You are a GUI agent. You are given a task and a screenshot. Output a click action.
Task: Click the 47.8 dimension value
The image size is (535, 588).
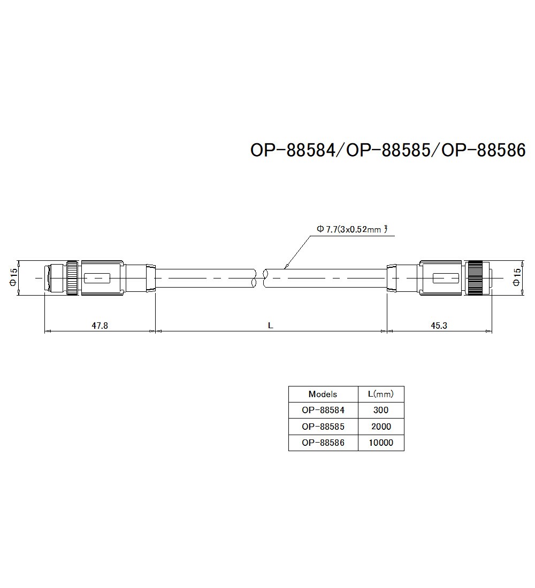click(x=100, y=325)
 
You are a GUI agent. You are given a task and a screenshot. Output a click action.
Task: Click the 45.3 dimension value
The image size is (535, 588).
click(x=438, y=325)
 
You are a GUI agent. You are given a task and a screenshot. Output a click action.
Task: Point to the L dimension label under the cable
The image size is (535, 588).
click(x=271, y=325)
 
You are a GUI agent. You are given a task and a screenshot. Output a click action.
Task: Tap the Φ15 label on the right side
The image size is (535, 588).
click(x=516, y=277)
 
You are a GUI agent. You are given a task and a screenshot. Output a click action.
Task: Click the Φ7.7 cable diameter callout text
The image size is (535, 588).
click(x=351, y=229)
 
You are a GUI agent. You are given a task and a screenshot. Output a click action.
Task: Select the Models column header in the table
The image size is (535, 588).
click(x=323, y=394)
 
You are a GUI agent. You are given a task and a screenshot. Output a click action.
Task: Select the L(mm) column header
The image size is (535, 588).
click(x=380, y=394)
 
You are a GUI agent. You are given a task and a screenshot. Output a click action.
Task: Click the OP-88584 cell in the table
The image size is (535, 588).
click(x=323, y=411)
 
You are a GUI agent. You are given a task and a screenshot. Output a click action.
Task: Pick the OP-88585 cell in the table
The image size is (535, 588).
click(x=323, y=427)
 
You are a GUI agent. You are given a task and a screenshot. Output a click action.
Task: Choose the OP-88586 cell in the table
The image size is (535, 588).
click(x=323, y=443)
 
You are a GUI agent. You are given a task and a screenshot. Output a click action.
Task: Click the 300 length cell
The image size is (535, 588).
click(x=380, y=411)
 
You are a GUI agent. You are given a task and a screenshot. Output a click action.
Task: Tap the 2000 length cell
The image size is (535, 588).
click(x=380, y=427)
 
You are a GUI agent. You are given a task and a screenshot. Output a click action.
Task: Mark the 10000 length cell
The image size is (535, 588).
click(x=380, y=443)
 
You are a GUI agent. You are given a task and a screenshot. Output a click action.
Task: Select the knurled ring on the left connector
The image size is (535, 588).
click(x=72, y=278)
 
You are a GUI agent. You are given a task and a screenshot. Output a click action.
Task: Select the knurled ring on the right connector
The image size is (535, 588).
click(x=474, y=278)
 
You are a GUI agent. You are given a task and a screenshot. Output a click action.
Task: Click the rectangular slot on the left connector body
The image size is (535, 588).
click(x=97, y=278)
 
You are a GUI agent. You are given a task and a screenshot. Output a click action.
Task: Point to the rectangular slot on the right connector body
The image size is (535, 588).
click(x=445, y=278)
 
